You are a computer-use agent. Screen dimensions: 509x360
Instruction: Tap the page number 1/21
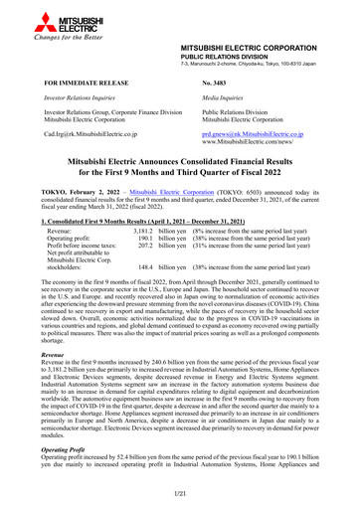coord(179,496)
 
